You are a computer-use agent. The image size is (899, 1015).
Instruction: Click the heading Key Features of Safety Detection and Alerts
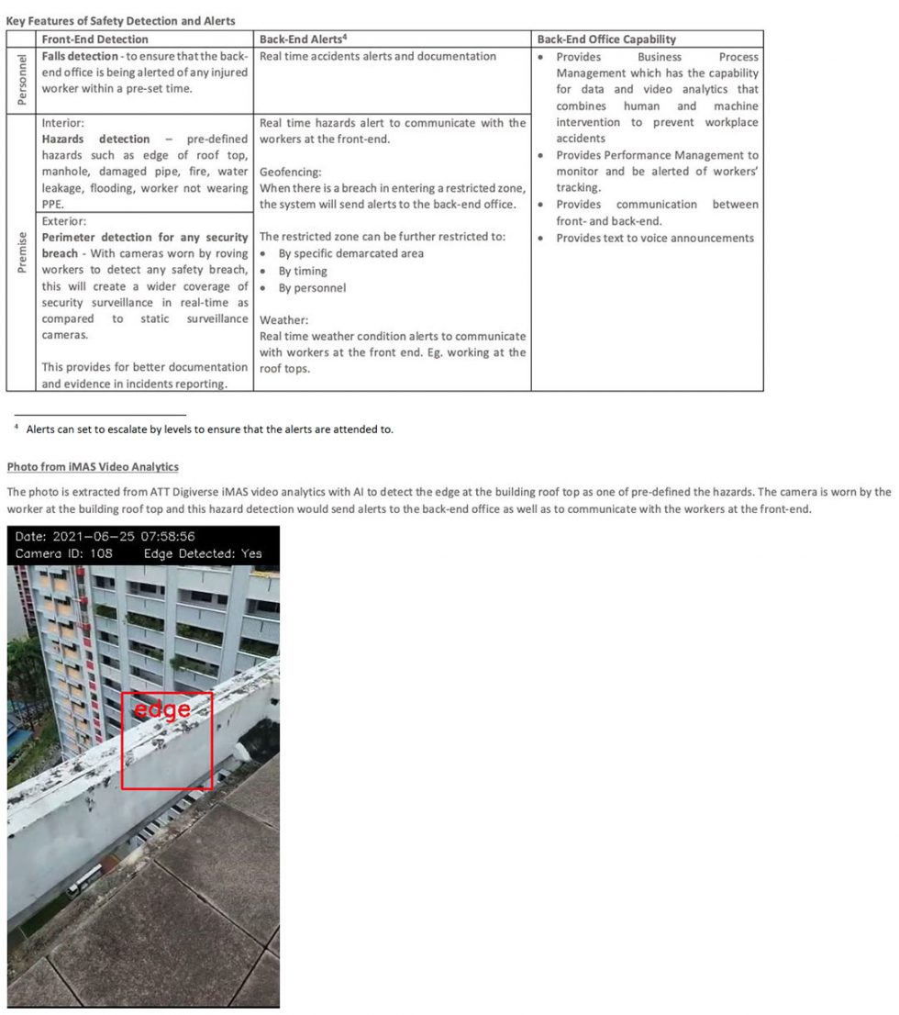coord(121,21)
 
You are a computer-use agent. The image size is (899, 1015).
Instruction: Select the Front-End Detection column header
coord(94,39)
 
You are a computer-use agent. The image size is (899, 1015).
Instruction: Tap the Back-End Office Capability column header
coord(606,39)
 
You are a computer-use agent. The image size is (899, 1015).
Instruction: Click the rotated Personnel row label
coord(22,80)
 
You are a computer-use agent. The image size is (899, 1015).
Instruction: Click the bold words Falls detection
coord(81,56)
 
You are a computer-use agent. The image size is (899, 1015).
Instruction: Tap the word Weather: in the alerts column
coord(284,320)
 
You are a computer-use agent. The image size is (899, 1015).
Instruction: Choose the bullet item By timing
coord(303,271)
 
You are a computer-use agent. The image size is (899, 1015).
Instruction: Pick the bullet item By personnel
coord(312,287)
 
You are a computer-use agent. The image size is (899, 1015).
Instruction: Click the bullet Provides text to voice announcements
coord(655,238)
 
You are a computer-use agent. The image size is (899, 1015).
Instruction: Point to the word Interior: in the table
coord(63,122)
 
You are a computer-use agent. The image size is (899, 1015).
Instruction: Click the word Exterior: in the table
coord(64,221)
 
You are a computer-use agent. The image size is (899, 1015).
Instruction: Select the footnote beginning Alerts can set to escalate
coord(210,429)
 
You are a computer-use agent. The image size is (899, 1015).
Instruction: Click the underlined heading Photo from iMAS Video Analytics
coord(93,467)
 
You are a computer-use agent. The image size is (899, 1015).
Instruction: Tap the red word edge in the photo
coord(161,709)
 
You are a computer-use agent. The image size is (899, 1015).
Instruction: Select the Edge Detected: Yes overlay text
coord(203,553)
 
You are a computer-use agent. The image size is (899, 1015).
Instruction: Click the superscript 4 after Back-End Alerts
coord(343,38)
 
